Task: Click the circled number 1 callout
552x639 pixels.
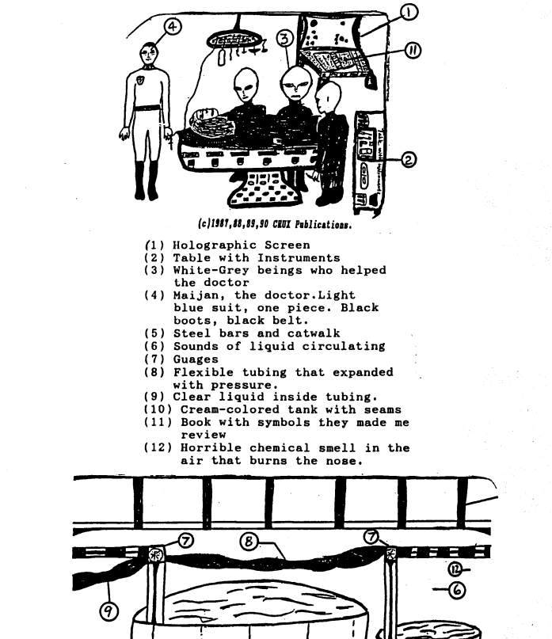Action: click(409, 12)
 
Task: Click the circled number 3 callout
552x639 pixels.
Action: click(286, 38)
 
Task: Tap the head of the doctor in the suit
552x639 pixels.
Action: click(148, 55)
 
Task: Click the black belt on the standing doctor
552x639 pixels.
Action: click(147, 108)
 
